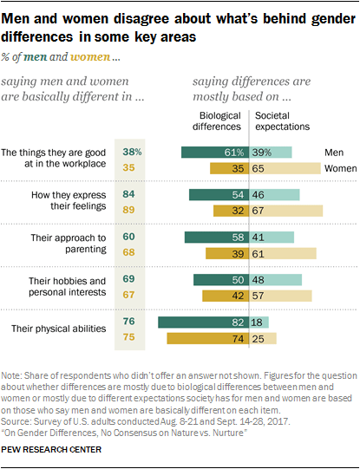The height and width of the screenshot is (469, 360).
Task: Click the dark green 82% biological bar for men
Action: (204, 322)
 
